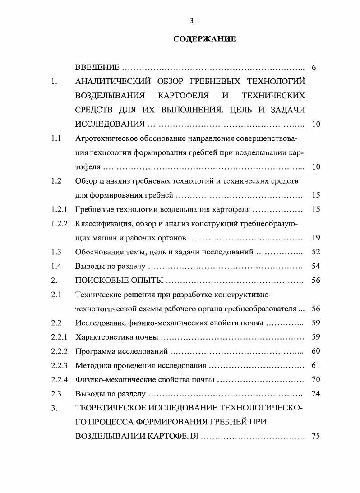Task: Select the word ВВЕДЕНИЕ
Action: pos(97,68)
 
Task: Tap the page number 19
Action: pos(316,238)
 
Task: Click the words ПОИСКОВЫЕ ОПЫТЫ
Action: pos(119,281)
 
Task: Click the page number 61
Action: pos(316,365)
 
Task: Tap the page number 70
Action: pos(316,380)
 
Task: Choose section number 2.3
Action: pos(56,394)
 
